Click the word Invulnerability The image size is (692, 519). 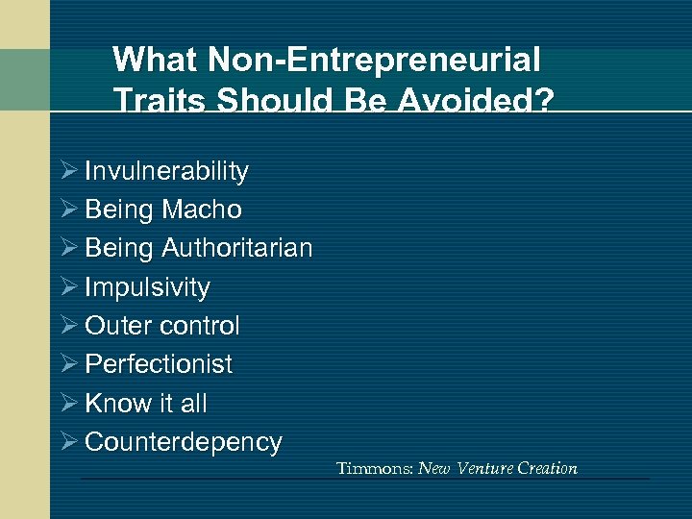[166, 172]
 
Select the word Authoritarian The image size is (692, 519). [237, 248]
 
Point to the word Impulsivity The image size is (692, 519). [147, 287]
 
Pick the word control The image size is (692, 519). [200, 326]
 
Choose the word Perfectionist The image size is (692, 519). [159, 364]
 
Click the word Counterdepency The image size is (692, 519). [184, 442]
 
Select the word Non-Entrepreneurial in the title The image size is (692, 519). [373, 61]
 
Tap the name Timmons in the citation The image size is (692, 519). [373, 469]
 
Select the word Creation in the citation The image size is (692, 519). [547, 469]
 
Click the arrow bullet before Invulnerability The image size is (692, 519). [69, 172]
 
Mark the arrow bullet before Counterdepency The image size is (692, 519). [69, 442]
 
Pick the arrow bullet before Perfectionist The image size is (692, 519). [69, 364]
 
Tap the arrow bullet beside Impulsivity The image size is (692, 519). [69, 287]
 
